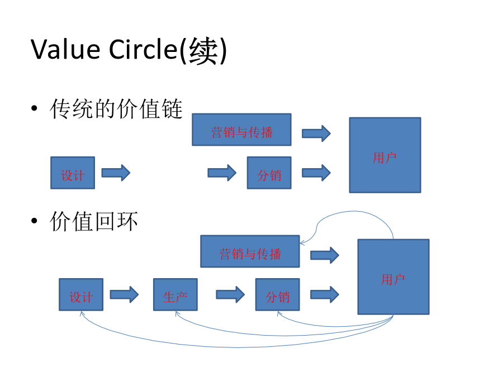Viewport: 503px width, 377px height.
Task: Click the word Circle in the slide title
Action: click(x=143, y=50)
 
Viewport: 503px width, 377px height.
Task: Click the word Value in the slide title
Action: click(x=65, y=50)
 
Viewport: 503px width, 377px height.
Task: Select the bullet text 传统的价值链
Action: click(x=116, y=109)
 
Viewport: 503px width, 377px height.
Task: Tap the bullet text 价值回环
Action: click(x=94, y=221)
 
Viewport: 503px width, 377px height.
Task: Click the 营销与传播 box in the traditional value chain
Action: click(x=241, y=130)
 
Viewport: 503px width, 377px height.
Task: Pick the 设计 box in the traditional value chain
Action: click(x=73, y=173)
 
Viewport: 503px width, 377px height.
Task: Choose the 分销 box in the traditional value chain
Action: click(x=269, y=173)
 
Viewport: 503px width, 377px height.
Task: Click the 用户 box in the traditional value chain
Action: click(x=385, y=155)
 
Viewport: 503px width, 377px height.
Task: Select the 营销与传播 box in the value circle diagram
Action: click(x=250, y=251)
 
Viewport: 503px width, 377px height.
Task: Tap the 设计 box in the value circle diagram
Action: click(x=81, y=294)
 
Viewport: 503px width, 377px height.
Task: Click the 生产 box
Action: click(x=175, y=294)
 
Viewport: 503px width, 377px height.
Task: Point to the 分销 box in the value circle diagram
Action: click(x=277, y=294)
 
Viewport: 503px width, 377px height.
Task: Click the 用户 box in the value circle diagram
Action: click(x=393, y=277)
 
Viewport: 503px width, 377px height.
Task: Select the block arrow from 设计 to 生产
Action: click(x=124, y=294)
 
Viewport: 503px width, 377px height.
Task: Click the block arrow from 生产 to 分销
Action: click(x=230, y=294)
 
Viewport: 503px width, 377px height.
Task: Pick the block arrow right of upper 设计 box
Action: click(x=116, y=173)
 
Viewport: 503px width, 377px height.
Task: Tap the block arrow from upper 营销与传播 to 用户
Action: click(x=316, y=133)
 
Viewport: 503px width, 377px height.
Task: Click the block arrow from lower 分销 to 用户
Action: click(x=325, y=294)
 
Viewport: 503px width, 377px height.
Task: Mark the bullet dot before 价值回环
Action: click(x=34, y=221)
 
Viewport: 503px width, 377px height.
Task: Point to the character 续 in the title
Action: click(x=203, y=51)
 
